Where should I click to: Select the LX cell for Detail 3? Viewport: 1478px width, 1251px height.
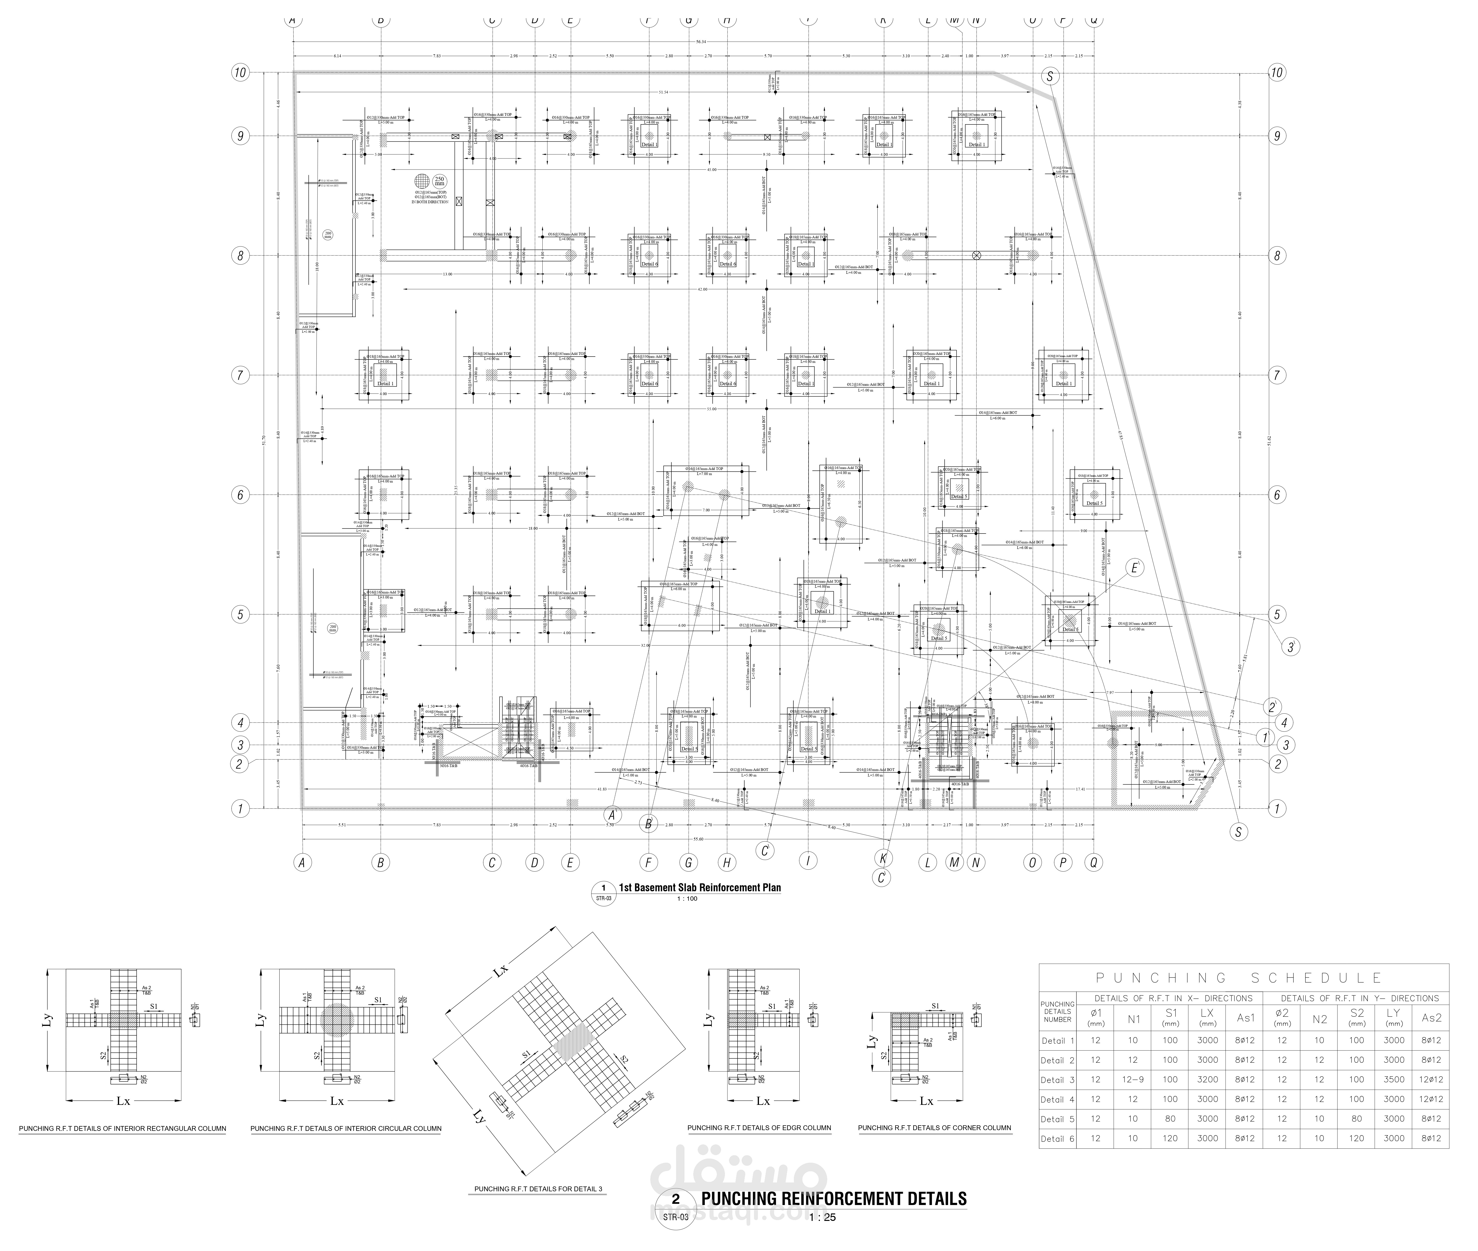(x=1207, y=1079)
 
